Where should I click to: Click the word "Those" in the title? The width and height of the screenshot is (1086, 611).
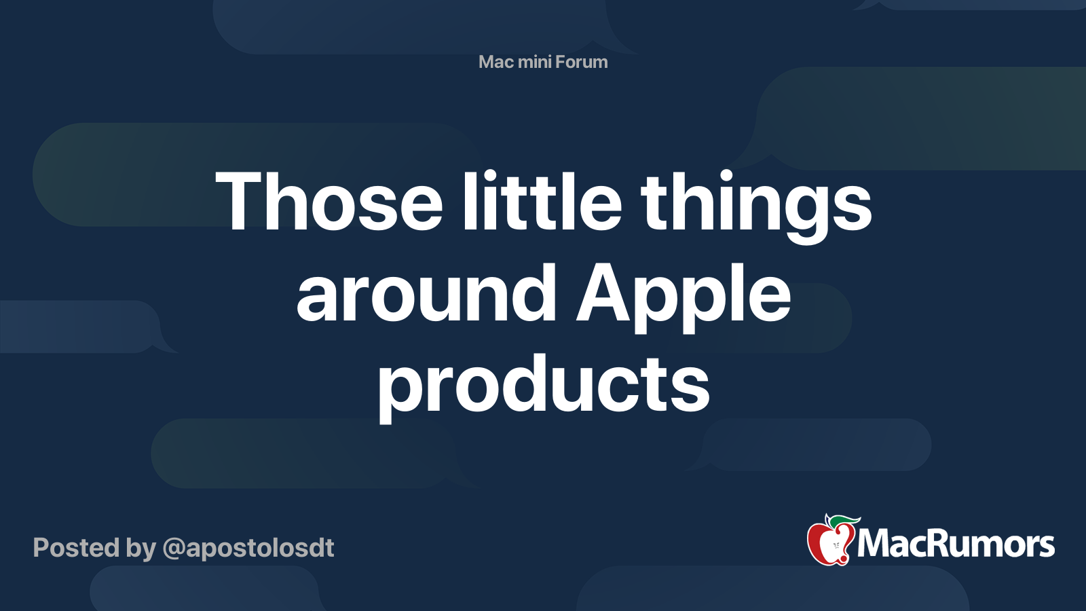point(329,202)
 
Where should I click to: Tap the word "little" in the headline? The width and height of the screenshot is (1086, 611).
point(542,202)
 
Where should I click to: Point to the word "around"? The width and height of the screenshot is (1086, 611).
point(426,295)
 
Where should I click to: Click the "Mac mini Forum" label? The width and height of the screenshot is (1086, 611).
point(543,62)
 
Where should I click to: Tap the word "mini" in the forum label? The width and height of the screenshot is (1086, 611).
point(534,62)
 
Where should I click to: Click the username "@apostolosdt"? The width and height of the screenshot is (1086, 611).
point(248,548)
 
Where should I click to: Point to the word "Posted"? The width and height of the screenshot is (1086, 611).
point(76,548)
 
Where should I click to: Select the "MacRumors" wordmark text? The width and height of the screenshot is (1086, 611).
point(956,544)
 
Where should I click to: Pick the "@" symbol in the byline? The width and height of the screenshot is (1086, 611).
point(173,549)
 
